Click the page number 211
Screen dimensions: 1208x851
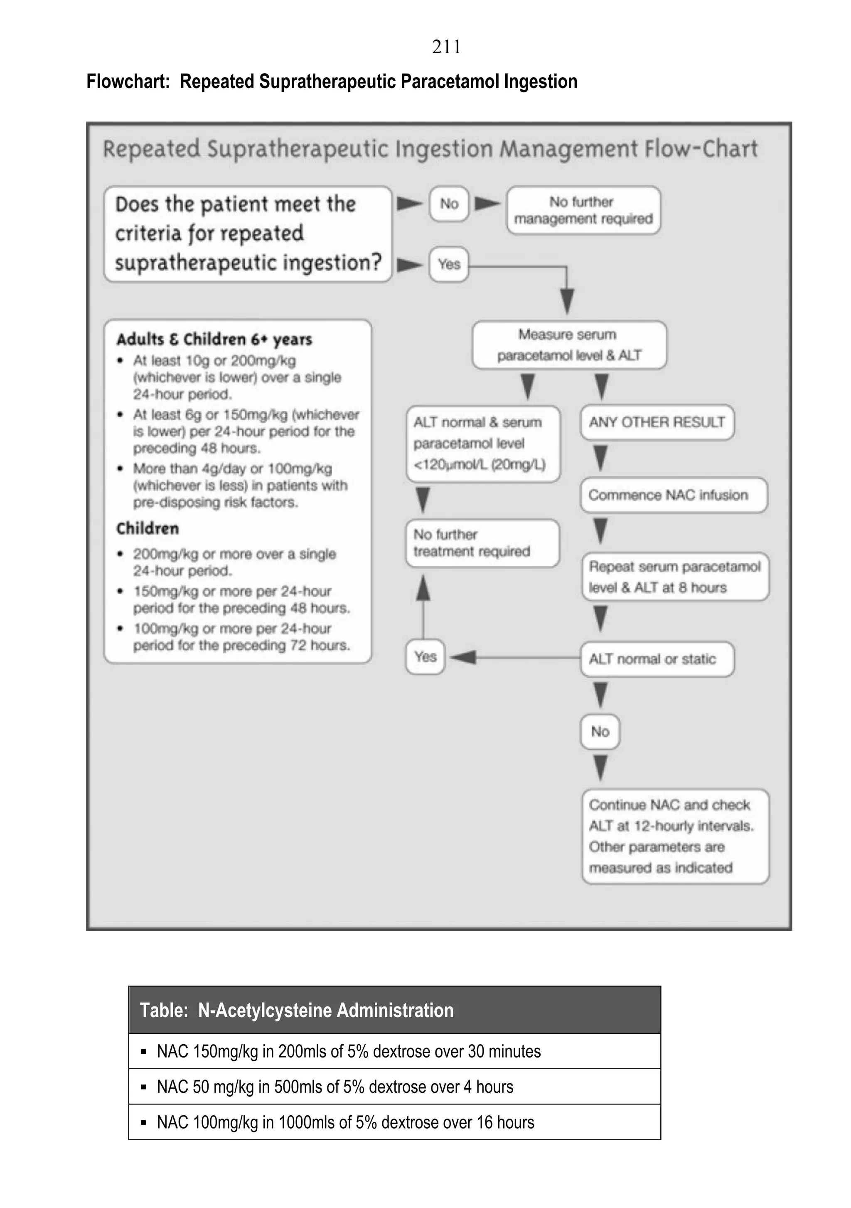[x=446, y=47]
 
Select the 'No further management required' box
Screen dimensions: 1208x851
[x=583, y=210]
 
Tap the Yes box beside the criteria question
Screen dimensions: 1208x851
[x=449, y=264]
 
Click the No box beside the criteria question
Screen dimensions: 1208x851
[x=449, y=204]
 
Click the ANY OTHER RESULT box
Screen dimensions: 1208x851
[x=657, y=422]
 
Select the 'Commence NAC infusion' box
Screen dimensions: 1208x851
[x=673, y=495]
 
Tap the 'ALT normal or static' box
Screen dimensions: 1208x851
[x=657, y=659]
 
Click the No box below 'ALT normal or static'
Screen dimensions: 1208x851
[x=600, y=731]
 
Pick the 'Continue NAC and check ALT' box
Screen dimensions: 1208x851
[x=675, y=836]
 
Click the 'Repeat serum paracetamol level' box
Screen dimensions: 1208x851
[x=675, y=577]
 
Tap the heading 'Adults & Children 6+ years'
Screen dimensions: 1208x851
[x=214, y=339]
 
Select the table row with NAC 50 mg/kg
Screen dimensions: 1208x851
[x=394, y=1087]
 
